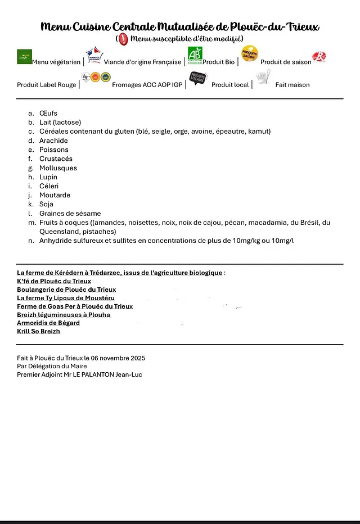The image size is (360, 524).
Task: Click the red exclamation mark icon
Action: (x=123, y=39)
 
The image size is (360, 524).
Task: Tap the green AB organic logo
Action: (x=195, y=55)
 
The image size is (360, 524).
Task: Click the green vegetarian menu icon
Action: (x=24, y=56)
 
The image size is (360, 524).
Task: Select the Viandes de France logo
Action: (x=94, y=55)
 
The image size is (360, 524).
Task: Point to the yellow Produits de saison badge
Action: (x=249, y=54)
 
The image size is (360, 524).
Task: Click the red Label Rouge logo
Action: (x=319, y=57)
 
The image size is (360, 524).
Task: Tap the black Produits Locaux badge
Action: (x=198, y=78)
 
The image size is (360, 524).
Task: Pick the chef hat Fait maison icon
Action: (x=263, y=77)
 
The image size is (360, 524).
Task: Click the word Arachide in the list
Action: (x=53, y=141)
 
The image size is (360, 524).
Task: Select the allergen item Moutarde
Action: (x=55, y=195)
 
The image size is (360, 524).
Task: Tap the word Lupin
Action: (x=48, y=177)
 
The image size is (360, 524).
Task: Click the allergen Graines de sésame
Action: (x=70, y=214)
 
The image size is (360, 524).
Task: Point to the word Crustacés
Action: (x=56, y=159)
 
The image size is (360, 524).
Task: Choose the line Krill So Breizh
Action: (x=38, y=332)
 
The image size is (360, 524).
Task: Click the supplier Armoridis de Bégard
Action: (x=48, y=323)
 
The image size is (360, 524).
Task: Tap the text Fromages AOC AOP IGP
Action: (x=147, y=85)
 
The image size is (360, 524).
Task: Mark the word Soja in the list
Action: (x=47, y=204)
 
